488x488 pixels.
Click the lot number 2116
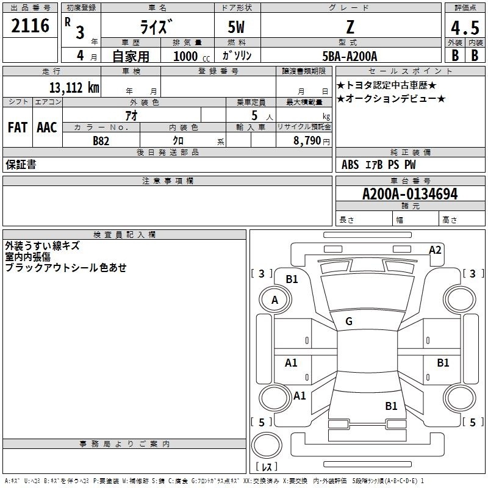tap(30, 26)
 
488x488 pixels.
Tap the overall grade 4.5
tap(465, 27)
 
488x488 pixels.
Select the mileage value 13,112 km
tap(74, 87)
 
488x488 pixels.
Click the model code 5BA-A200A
tap(350, 56)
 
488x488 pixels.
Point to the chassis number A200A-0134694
tap(410, 194)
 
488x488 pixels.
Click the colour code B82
tap(101, 141)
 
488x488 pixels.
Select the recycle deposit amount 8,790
tap(307, 140)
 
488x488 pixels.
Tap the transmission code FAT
tap(18, 127)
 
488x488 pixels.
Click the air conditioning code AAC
tap(47, 127)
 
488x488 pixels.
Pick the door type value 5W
tap(236, 27)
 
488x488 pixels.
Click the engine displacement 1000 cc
tap(192, 56)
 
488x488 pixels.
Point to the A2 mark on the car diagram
tap(435, 250)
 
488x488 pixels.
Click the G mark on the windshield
tap(349, 321)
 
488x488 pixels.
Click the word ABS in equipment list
tap(350, 165)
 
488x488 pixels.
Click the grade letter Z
tap(350, 27)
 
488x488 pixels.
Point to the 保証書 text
tap(21, 165)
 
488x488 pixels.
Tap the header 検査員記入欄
tap(124, 235)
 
